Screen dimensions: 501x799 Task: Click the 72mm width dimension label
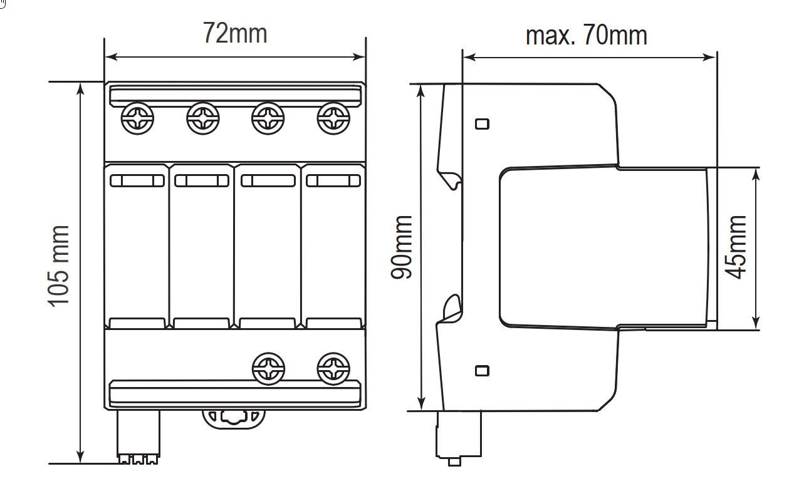(x=234, y=33)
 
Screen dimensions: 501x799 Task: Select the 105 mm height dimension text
(x=59, y=266)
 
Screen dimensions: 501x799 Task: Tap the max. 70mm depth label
(x=586, y=35)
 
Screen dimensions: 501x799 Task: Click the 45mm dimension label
(x=736, y=247)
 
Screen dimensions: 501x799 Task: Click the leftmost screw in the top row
(x=137, y=118)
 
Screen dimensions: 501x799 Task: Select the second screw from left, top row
(x=203, y=118)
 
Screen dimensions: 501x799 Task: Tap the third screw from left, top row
(x=268, y=118)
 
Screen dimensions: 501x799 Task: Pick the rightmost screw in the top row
(x=333, y=118)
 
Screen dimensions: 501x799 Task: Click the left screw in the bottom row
(x=268, y=369)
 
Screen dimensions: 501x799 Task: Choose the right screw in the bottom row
(x=333, y=369)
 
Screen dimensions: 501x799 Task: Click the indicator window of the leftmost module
(x=137, y=181)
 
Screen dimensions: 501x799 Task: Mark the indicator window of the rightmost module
(x=333, y=181)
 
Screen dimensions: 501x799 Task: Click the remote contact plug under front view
(x=138, y=438)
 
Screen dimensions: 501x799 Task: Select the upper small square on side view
(x=482, y=124)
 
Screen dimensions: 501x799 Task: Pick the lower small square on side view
(x=482, y=371)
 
